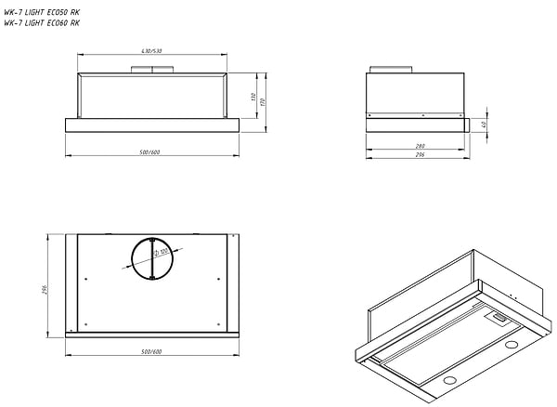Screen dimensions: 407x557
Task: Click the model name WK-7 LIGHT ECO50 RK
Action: [x=42, y=13]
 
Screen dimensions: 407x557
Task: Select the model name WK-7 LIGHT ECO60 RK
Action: [x=42, y=24]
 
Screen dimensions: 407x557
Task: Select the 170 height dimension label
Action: [x=265, y=100]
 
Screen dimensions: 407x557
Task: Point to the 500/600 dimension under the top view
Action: [x=150, y=351]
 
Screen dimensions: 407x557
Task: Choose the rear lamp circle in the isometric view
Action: [x=510, y=347]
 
